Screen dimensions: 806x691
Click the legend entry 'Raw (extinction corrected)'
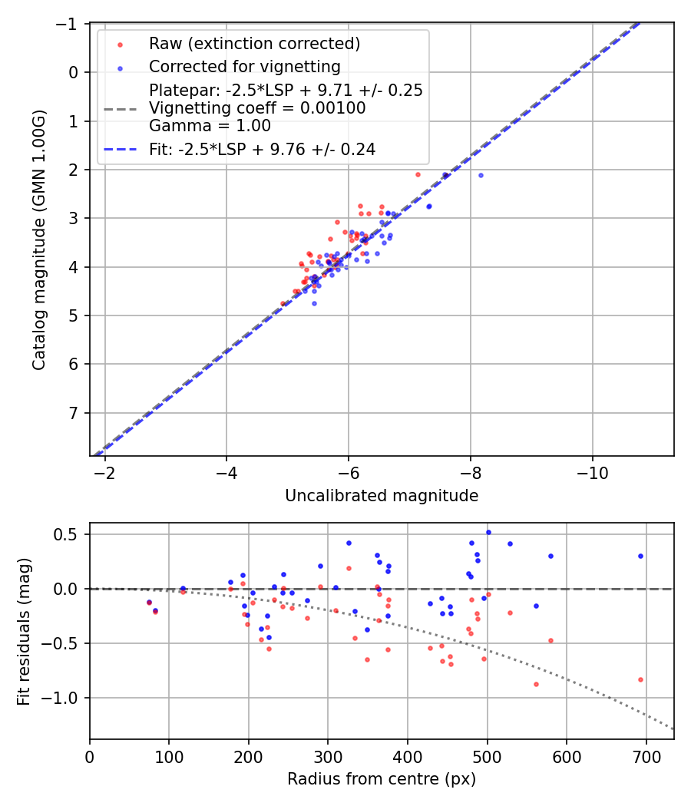(x=254, y=43)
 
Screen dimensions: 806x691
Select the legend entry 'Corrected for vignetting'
(x=245, y=67)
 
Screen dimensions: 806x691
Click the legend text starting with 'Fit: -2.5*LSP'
(x=262, y=150)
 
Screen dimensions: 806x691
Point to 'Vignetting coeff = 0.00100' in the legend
(x=257, y=108)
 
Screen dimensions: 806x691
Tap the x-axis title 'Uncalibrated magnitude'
(x=382, y=496)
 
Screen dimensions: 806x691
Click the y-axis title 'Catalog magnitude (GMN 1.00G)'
(x=39, y=240)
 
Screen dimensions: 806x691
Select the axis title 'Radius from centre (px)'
(x=382, y=779)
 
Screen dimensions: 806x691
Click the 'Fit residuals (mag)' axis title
(x=24, y=631)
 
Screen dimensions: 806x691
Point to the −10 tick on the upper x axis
(x=592, y=471)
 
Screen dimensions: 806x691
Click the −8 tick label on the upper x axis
(x=471, y=471)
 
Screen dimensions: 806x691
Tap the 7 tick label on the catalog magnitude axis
(x=74, y=413)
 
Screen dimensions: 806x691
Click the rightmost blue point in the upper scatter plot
(x=481, y=175)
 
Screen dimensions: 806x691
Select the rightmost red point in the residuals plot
(x=640, y=679)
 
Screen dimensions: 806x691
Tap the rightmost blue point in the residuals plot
(x=640, y=556)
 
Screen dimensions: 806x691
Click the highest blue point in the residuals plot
(x=488, y=532)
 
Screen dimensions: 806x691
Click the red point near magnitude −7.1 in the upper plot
(x=418, y=174)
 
